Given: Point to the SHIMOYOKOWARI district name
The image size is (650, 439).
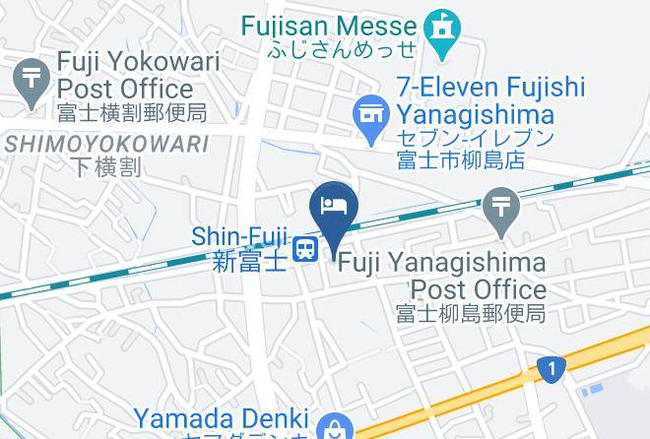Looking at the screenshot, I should (107, 144).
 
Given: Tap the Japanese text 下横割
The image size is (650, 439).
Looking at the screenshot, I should (106, 166).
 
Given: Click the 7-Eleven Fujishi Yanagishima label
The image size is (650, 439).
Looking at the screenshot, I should (490, 101).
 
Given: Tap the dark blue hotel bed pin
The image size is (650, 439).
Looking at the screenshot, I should (334, 206).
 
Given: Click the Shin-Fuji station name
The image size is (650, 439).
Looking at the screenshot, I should (241, 236).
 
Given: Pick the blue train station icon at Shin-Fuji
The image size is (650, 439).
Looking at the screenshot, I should (307, 248).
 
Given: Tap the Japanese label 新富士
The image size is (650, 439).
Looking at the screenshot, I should (250, 261).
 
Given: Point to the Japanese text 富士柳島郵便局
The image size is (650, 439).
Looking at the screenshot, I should (471, 314).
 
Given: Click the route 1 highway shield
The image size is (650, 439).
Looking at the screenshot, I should (552, 370).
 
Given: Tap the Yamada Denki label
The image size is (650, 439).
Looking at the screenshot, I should (222, 420).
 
